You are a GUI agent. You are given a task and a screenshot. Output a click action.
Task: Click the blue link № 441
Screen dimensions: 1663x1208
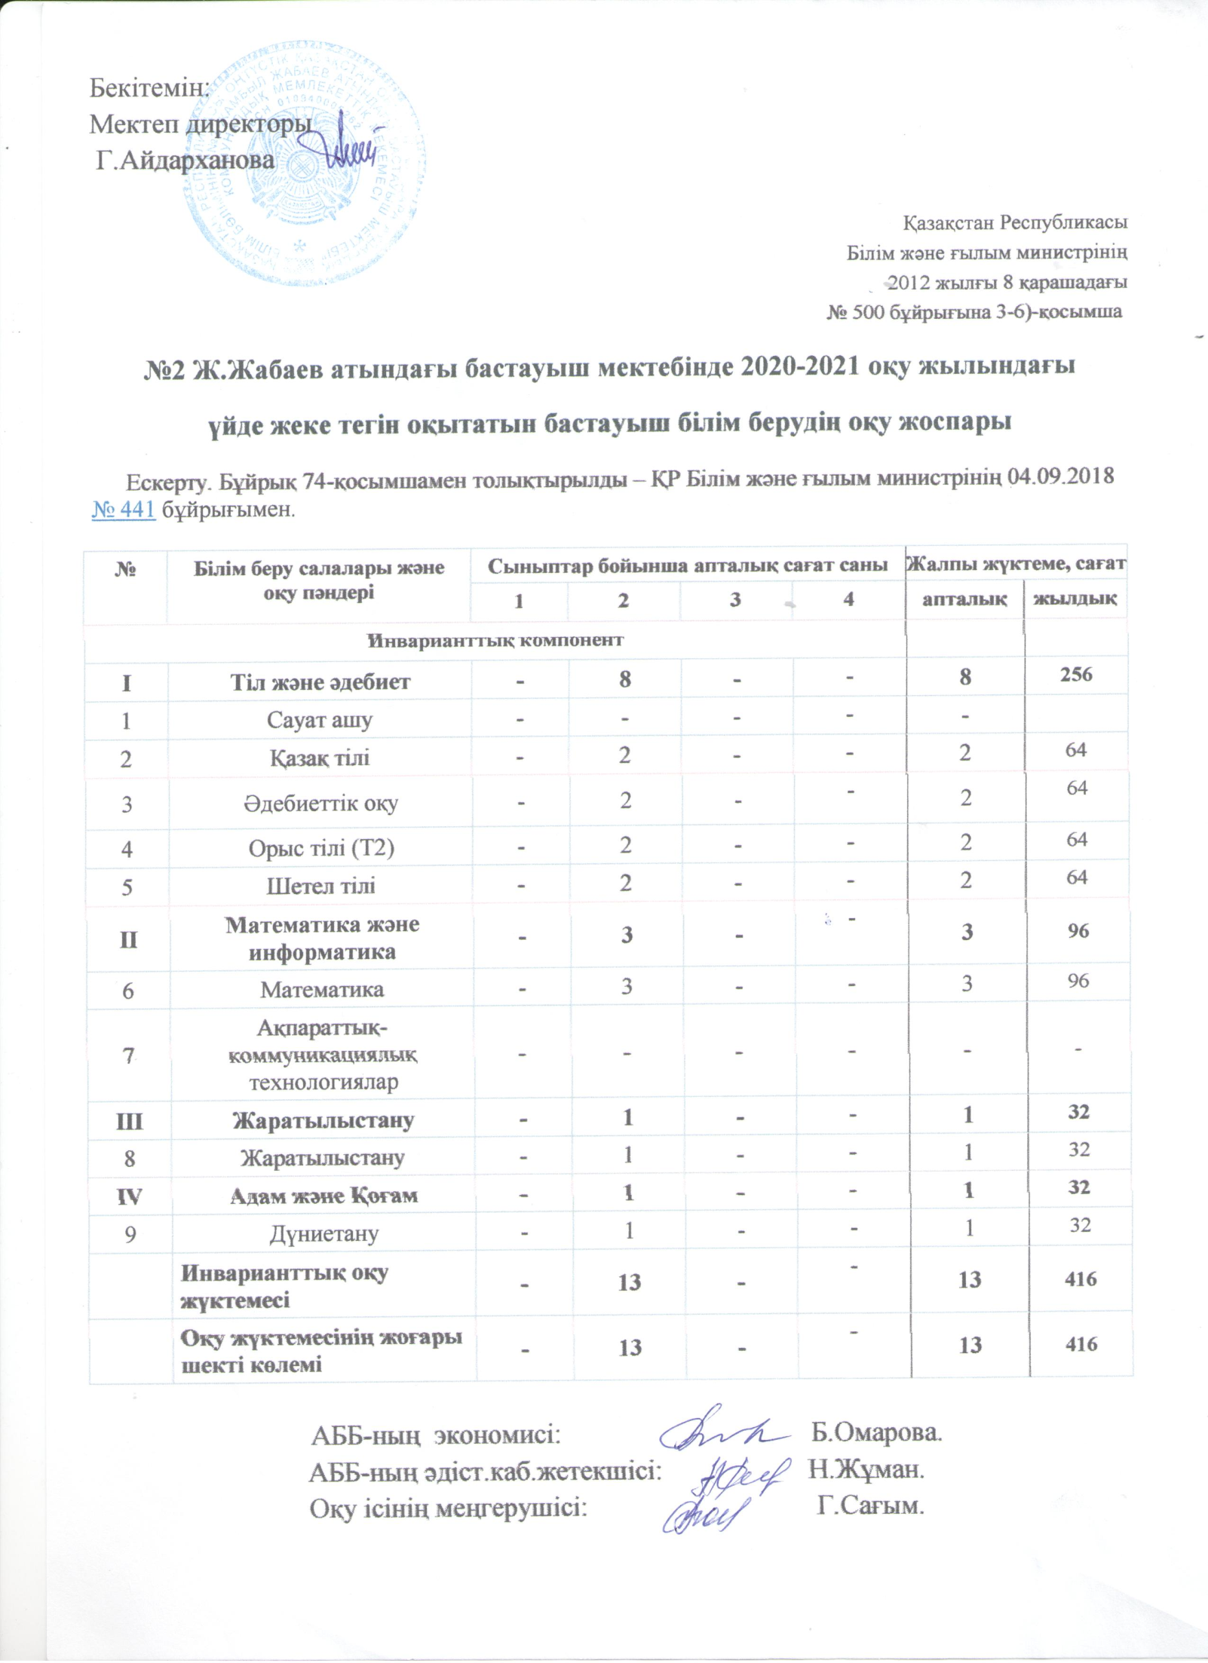(123, 510)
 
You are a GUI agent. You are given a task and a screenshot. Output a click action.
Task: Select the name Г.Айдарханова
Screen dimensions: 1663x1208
(185, 161)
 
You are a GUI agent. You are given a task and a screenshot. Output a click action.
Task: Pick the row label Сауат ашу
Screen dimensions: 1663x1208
(320, 720)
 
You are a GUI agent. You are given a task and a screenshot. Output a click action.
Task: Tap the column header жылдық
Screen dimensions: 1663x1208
(1075, 599)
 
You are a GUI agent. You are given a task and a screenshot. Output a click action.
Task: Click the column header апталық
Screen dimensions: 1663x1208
(964, 599)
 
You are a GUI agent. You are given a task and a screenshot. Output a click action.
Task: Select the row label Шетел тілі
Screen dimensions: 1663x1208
(320, 885)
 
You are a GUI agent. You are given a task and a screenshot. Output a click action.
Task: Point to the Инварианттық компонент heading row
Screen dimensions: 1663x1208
(495, 641)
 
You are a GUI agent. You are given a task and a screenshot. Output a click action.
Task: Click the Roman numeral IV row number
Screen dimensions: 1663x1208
(129, 1196)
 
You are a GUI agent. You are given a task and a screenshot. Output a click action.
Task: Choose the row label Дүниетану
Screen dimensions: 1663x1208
(323, 1234)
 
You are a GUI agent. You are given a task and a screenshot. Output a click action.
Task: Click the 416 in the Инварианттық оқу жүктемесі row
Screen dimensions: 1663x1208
(1081, 1279)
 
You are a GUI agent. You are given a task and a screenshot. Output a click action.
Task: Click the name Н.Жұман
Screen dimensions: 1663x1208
(866, 1469)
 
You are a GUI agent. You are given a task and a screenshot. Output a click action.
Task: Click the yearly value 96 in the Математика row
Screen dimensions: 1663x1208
(1078, 981)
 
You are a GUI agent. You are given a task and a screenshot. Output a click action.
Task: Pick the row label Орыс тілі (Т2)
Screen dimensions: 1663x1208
(321, 848)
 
